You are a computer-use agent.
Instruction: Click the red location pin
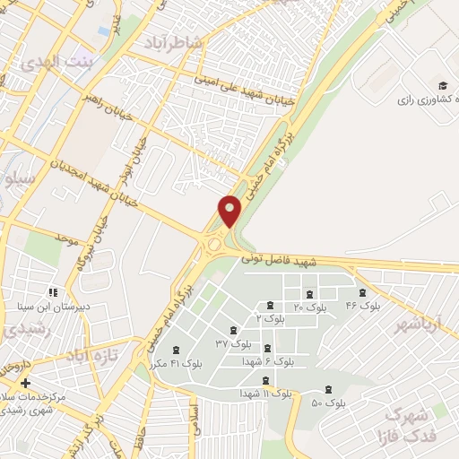(230, 210)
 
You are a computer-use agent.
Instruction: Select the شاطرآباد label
(172, 43)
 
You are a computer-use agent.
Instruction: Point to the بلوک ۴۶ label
(363, 306)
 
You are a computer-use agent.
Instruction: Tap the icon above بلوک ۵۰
(328, 389)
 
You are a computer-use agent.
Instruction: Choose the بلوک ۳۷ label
(233, 342)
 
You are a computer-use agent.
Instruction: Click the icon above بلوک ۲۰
(309, 295)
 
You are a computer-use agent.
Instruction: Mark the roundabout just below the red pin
(215, 242)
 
